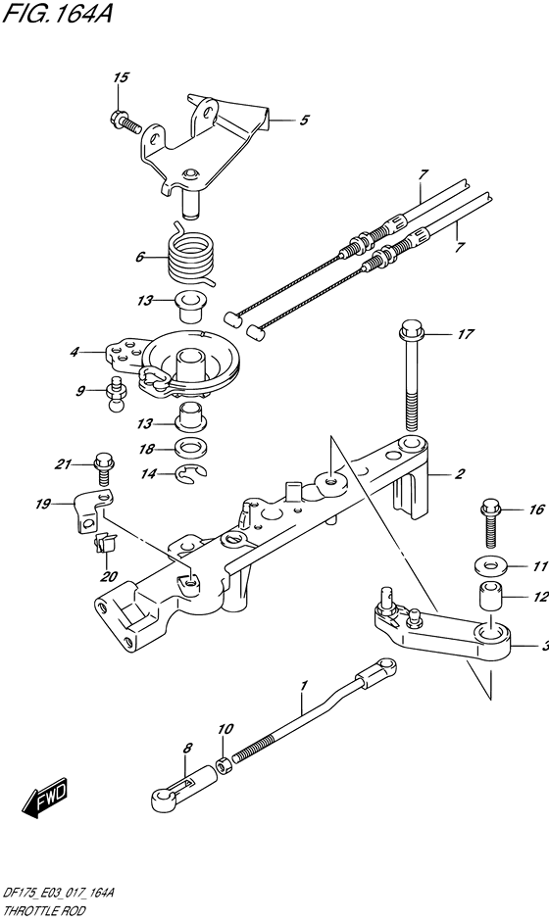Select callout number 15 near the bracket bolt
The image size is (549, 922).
(120, 77)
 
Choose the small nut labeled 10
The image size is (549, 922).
(225, 761)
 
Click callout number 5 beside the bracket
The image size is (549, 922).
(304, 121)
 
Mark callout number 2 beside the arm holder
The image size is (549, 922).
(460, 475)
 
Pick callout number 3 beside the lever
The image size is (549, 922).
(542, 646)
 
